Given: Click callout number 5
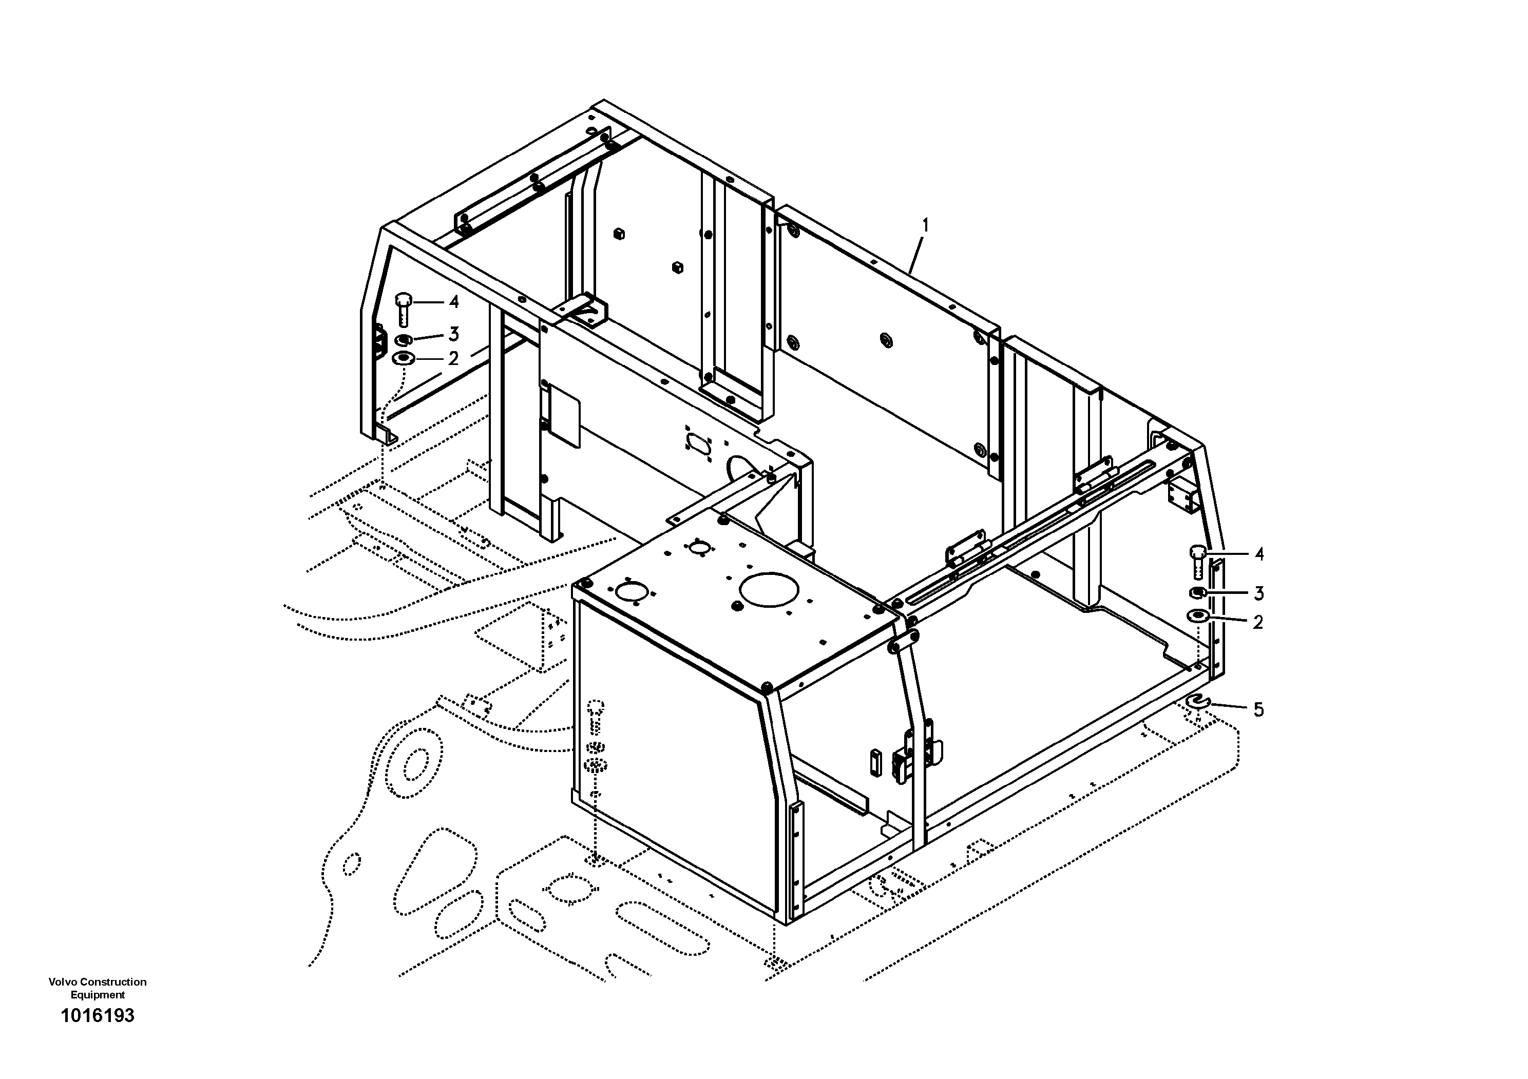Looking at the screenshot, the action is (x=1258, y=710).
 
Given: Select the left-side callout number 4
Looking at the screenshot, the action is (x=453, y=302).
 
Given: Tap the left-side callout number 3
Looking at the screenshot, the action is (x=453, y=333).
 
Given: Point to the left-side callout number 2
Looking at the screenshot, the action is (x=453, y=359).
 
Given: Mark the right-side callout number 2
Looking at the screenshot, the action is (x=1258, y=623).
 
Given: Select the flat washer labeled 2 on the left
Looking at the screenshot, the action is (x=403, y=359).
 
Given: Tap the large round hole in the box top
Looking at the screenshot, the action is (x=769, y=589).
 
